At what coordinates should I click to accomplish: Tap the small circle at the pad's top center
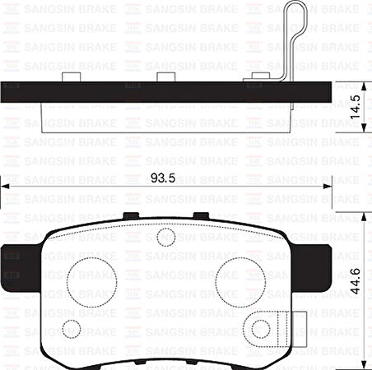click(165, 238)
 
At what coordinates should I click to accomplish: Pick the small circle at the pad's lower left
click(71, 328)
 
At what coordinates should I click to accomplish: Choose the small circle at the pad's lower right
click(261, 329)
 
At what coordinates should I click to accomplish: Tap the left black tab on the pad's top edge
click(130, 216)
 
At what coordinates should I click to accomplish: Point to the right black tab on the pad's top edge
click(200, 216)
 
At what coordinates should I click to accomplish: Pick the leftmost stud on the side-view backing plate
click(71, 76)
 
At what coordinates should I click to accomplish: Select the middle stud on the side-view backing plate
click(169, 76)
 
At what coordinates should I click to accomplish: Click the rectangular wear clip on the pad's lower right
click(285, 329)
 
